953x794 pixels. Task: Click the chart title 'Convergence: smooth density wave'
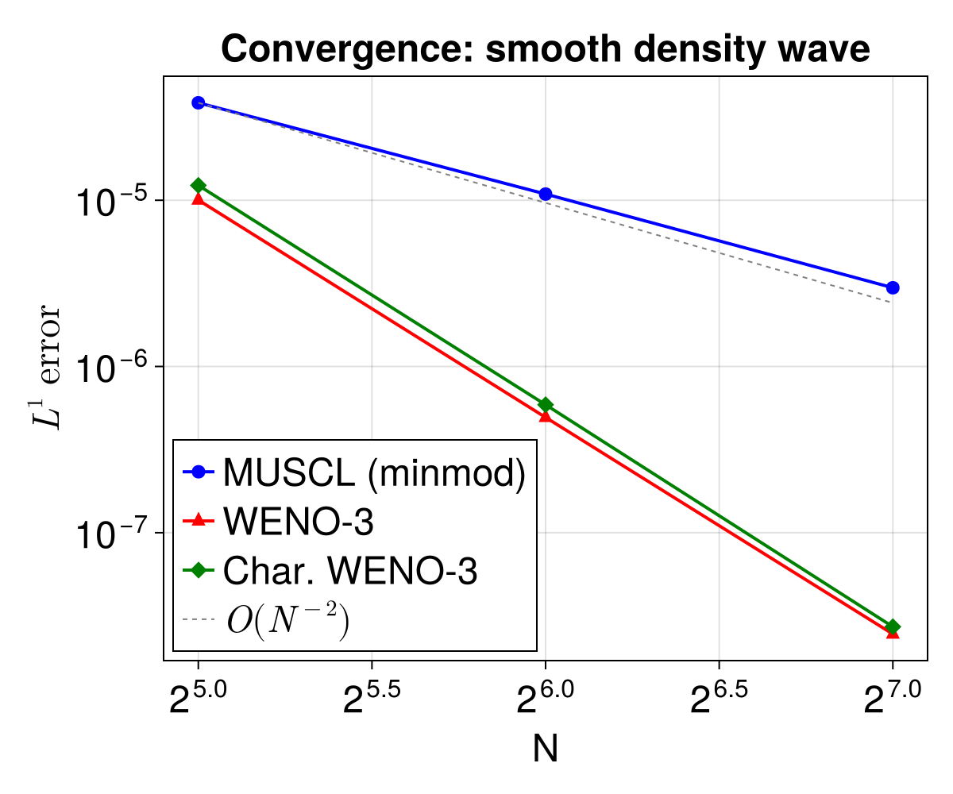[x=546, y=50]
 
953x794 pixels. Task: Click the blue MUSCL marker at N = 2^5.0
[x=199, y=102]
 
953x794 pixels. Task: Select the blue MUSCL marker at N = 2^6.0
[x=546, y=195]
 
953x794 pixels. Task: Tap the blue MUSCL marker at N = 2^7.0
[x=893, y=287]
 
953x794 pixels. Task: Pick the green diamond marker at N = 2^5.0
[x=199, y=185]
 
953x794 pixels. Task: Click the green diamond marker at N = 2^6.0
[x=546, y=405]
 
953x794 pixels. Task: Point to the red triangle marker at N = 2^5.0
[x=199, y=198]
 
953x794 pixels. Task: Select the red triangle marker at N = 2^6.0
[x=546, y=415]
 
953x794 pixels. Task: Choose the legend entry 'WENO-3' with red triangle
[x=298, y=522]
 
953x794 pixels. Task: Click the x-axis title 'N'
[x=546, y=750]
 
